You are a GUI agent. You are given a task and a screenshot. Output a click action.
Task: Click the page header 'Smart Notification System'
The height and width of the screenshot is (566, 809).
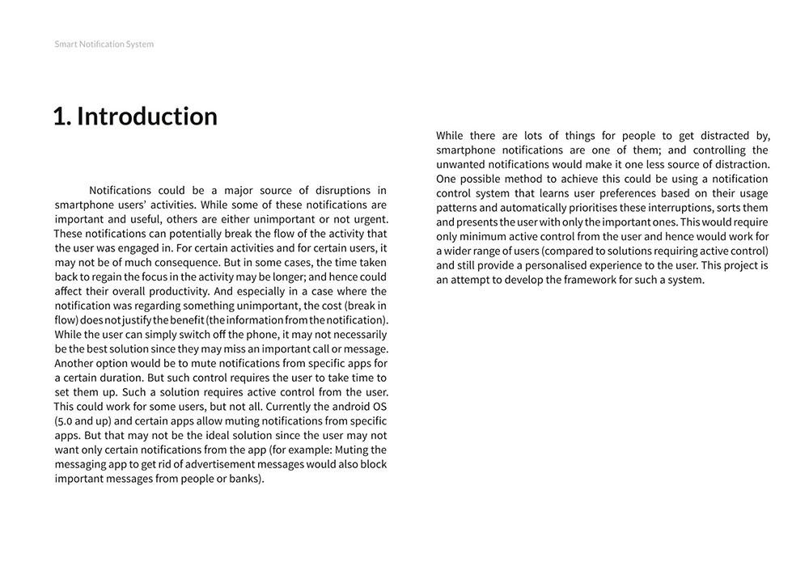(104, 44)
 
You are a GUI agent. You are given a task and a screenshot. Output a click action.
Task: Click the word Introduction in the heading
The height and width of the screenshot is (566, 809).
(146, 116)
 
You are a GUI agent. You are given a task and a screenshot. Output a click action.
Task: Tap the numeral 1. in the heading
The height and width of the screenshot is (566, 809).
(61, 116)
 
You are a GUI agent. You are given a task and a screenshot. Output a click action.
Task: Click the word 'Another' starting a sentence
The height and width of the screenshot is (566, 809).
(78, 364)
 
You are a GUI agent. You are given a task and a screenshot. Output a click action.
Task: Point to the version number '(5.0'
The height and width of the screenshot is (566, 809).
(66, 421)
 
